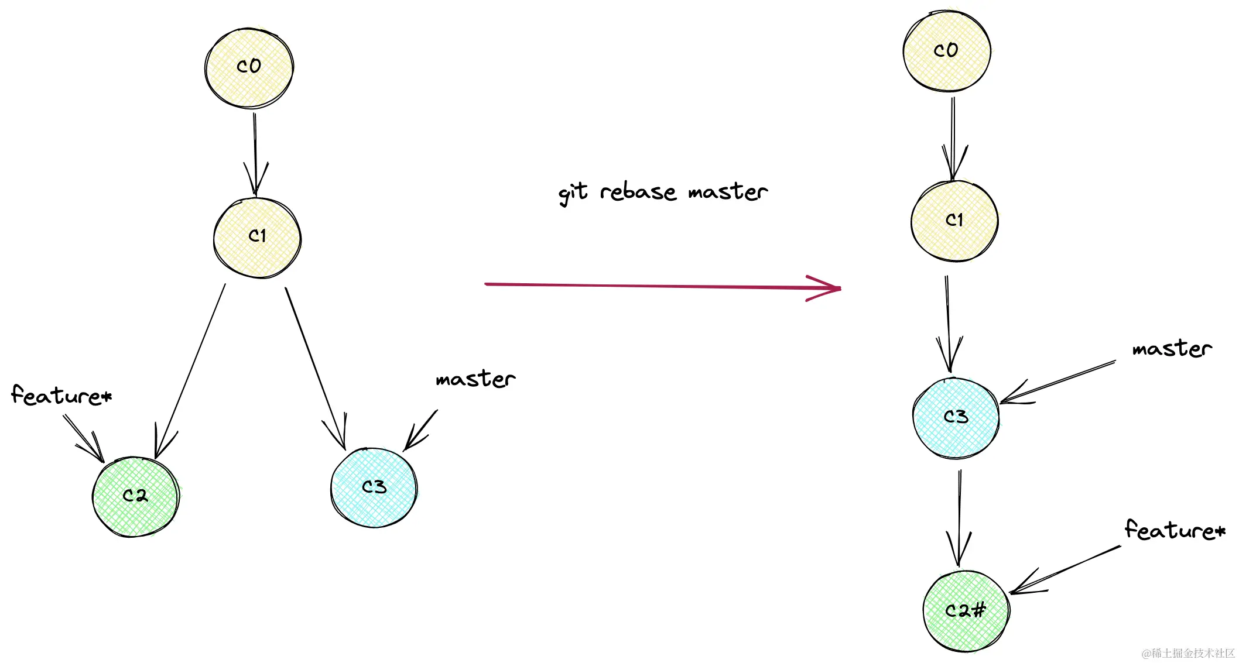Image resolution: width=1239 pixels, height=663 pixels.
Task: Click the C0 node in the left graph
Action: pos(249,68)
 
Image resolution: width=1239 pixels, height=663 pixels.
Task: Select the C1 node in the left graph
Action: pos(258,237)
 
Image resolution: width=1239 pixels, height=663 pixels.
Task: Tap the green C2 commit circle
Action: pos(136,497)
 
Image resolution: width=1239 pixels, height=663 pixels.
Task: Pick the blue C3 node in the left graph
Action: pos(374,487)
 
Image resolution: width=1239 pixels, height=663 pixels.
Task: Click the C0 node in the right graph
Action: pos(947,51)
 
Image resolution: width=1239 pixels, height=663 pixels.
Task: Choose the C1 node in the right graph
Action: pos(954,221)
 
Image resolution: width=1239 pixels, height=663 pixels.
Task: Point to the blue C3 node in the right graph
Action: pos(956,417)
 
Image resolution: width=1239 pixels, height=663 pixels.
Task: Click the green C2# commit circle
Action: pos(966,611)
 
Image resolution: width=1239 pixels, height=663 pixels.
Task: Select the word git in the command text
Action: pos(573,193)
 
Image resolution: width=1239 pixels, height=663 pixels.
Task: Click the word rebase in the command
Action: pos(638,193)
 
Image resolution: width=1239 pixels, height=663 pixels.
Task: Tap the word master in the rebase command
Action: pos(728,191)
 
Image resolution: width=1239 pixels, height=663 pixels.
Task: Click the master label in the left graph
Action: pos(475,379)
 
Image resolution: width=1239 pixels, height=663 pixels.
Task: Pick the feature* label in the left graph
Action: pos(61,396)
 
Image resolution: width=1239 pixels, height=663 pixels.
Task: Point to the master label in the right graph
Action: pos(1172,349)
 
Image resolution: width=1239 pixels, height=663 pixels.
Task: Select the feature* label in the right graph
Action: pos(1175,530)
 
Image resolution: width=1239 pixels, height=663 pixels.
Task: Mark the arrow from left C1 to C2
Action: pos(190,372)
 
